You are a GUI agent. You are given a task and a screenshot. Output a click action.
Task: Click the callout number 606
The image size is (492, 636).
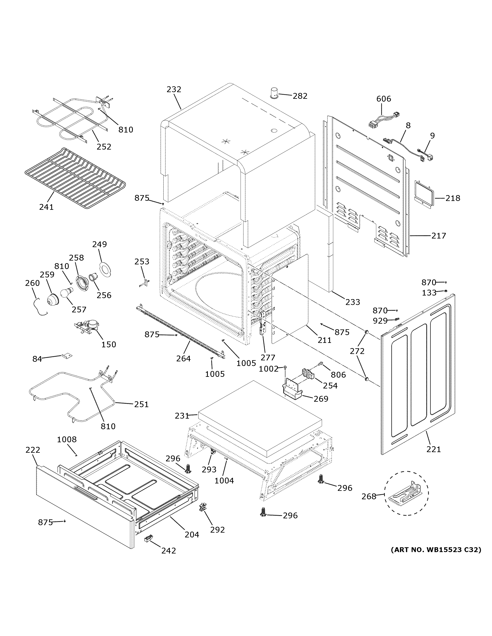384,99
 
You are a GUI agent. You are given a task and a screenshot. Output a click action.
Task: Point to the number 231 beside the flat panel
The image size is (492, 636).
182,416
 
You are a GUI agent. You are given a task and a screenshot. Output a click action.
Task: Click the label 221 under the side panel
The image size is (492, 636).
434,449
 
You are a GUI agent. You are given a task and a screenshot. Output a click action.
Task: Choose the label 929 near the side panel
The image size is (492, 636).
380,321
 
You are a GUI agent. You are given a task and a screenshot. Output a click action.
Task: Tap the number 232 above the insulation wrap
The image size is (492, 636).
174,89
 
